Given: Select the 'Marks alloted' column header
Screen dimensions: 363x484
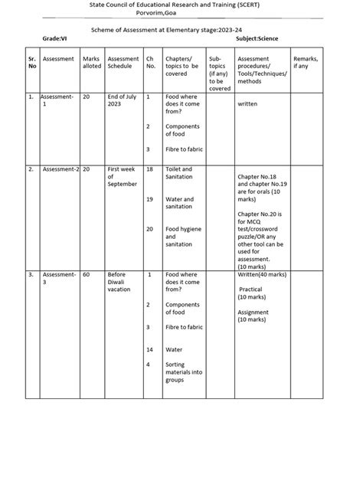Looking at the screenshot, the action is (x=91, y=61).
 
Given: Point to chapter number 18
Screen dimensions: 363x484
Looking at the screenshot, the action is (x=149, y=168).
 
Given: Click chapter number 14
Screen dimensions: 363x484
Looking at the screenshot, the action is (x=149, y=349).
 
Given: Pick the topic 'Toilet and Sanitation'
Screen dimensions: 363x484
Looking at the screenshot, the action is (x=180, y=172).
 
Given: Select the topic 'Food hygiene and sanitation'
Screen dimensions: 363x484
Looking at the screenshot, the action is (x=181, y=237).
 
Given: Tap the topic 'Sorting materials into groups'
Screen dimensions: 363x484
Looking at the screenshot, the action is (x=184, y=372).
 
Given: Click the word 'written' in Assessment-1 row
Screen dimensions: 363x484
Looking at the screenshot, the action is (x=247, y=104).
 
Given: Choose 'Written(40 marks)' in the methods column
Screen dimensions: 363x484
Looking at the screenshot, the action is (x=262, y=274).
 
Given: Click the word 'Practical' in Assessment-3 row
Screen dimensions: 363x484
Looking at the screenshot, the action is (x=251, y=289).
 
